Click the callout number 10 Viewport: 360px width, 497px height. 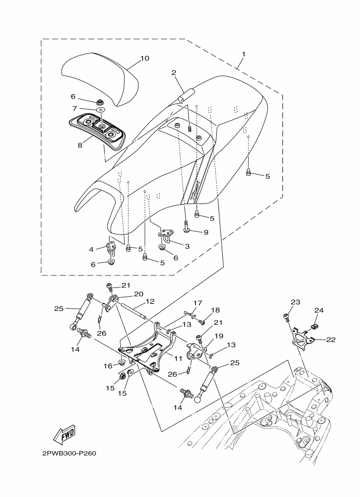[x=144, y=58]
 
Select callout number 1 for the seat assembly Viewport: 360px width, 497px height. [x=243, y=54]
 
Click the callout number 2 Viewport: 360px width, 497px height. [x=174, y=72]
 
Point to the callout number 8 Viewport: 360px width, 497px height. [x=80, y=145]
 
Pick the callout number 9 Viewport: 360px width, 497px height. [x=206, y=232]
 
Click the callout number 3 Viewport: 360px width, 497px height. [x=187, y=246]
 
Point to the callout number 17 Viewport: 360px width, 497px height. [x=198, y=303]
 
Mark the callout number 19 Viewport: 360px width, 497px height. [x=218, y=336]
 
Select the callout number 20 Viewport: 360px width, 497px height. [x=138, y=294]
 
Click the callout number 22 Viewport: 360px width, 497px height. [x=331, y=340]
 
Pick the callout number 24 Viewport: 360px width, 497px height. [x=319, y=311]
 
